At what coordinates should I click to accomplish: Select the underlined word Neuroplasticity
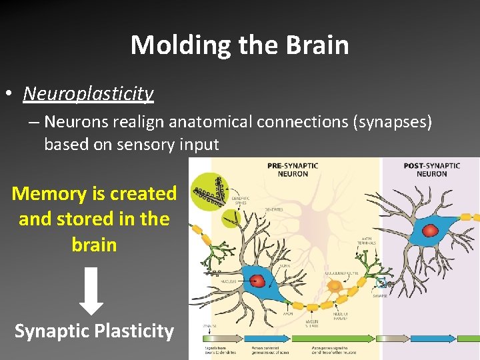point(88,93)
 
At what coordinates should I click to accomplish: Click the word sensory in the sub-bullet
point(146,144)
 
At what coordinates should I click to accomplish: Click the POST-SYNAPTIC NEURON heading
point(431,169)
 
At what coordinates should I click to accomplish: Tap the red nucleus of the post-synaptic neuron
point(431,231)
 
